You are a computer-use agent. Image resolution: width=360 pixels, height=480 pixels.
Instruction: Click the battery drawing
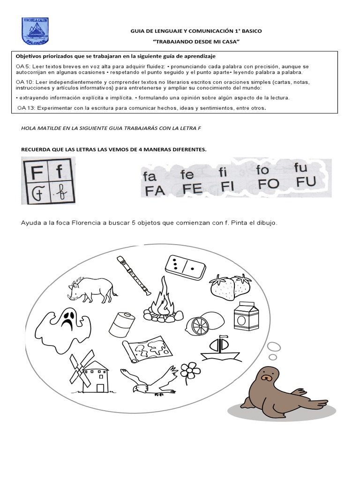tap(122, 323)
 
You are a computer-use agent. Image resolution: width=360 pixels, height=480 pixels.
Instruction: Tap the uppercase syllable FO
tap(269, 184)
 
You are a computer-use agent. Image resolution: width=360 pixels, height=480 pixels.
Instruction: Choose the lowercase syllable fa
tap(149, 177)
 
